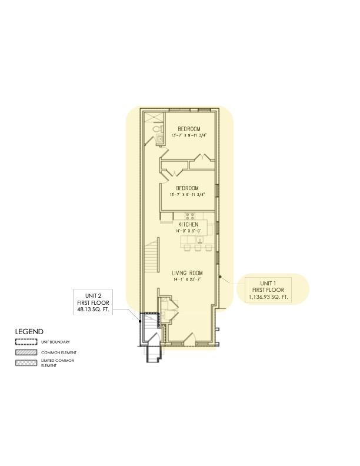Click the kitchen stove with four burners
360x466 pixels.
[x=190, y=216]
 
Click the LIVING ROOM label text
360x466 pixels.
[x=187, y=273]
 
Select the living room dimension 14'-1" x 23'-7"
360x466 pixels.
[x=187, y=279]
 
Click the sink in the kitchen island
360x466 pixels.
[x=199, y=238]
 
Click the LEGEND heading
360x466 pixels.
[x=29, y=332]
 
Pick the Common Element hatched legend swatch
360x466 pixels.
[x=25, y=352]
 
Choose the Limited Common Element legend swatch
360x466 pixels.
[x=25, y=362]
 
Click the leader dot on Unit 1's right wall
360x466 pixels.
[x=220, y=275]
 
